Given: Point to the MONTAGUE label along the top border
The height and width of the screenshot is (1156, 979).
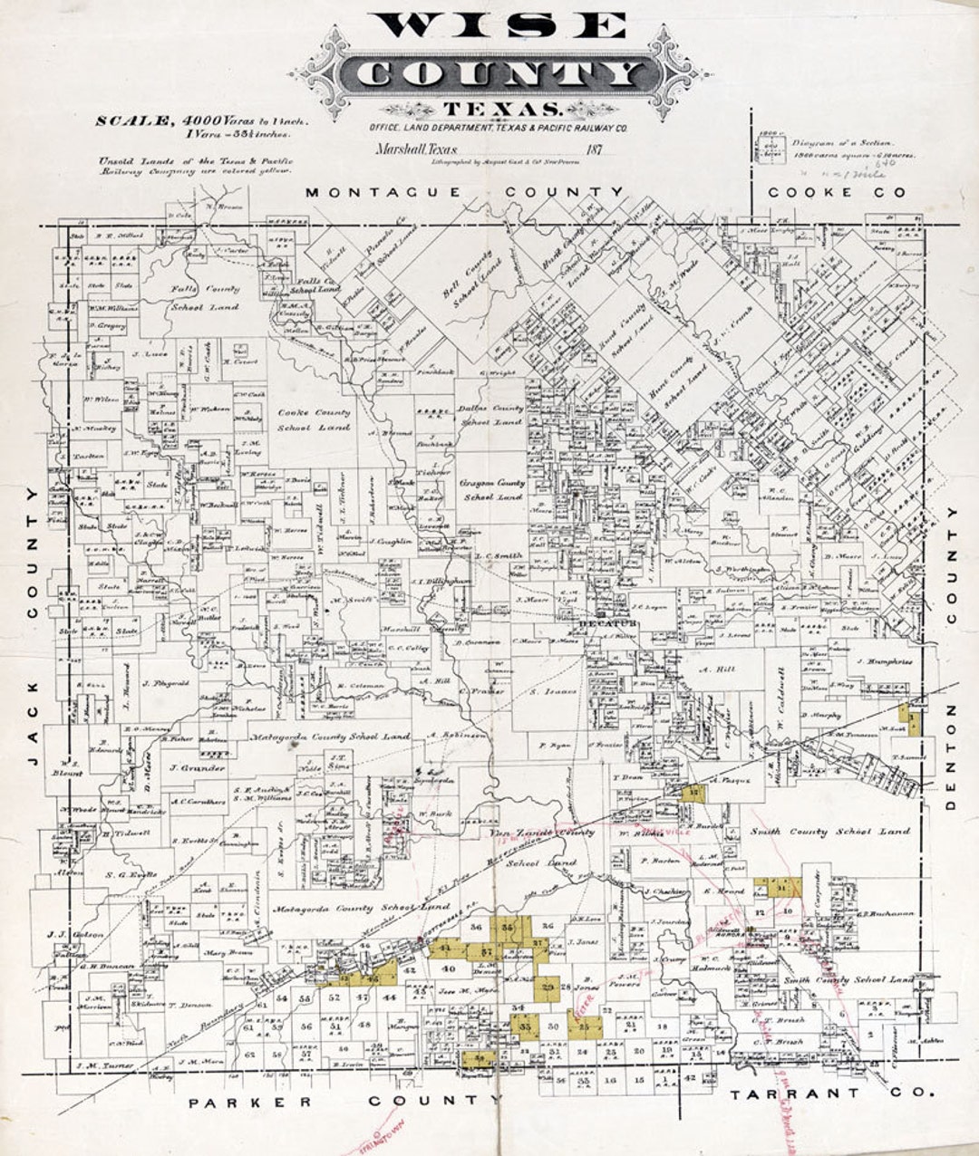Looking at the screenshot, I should click(x=383, y=192).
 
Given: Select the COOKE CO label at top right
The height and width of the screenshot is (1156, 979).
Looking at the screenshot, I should click(x=836, y=192).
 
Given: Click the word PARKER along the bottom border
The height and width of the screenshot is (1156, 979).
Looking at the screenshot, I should click(x=250, y=1102).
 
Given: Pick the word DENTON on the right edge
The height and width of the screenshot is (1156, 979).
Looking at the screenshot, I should click(x=950, y=757).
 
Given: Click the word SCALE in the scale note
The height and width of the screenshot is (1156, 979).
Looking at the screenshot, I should click(x=134, y=120).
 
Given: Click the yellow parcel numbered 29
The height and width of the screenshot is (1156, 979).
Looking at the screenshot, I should click(x=548, y=987).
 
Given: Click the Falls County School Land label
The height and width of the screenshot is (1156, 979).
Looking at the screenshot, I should click(x=204, y=297).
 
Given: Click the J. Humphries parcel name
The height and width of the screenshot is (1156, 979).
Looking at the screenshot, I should click(x=882, y=661).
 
